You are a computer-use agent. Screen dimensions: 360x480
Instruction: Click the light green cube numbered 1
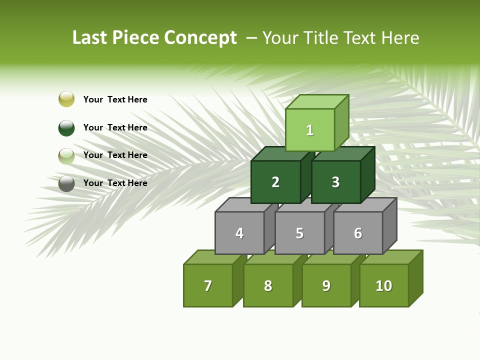[310, 130]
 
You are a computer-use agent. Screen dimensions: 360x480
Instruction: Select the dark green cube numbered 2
[275, 182]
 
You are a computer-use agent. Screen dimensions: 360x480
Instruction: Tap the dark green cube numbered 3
[335, 182]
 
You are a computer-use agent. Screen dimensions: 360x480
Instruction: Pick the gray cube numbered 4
[239, 233]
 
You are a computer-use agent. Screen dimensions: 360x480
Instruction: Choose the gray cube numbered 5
[299, 233]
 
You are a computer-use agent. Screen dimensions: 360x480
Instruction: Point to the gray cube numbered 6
[358, 233]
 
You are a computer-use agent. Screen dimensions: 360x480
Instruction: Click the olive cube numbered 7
[208, 285]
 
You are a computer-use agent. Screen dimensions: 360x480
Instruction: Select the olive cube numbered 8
[268, 285]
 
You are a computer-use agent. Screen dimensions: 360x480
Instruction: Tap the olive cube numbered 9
[326, 285]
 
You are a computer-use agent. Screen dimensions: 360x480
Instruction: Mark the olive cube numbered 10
[383, 285]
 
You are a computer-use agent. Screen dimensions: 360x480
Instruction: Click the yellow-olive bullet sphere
[66, 99]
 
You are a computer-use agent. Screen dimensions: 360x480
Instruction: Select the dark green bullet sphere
[66, 127]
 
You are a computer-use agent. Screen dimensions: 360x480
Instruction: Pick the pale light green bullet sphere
[66, 155]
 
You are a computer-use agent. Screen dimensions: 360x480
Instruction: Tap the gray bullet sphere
[66, 183]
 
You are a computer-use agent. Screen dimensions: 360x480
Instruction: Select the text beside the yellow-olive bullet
[115, 99]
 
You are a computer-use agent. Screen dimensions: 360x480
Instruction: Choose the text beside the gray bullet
[115, 183]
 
